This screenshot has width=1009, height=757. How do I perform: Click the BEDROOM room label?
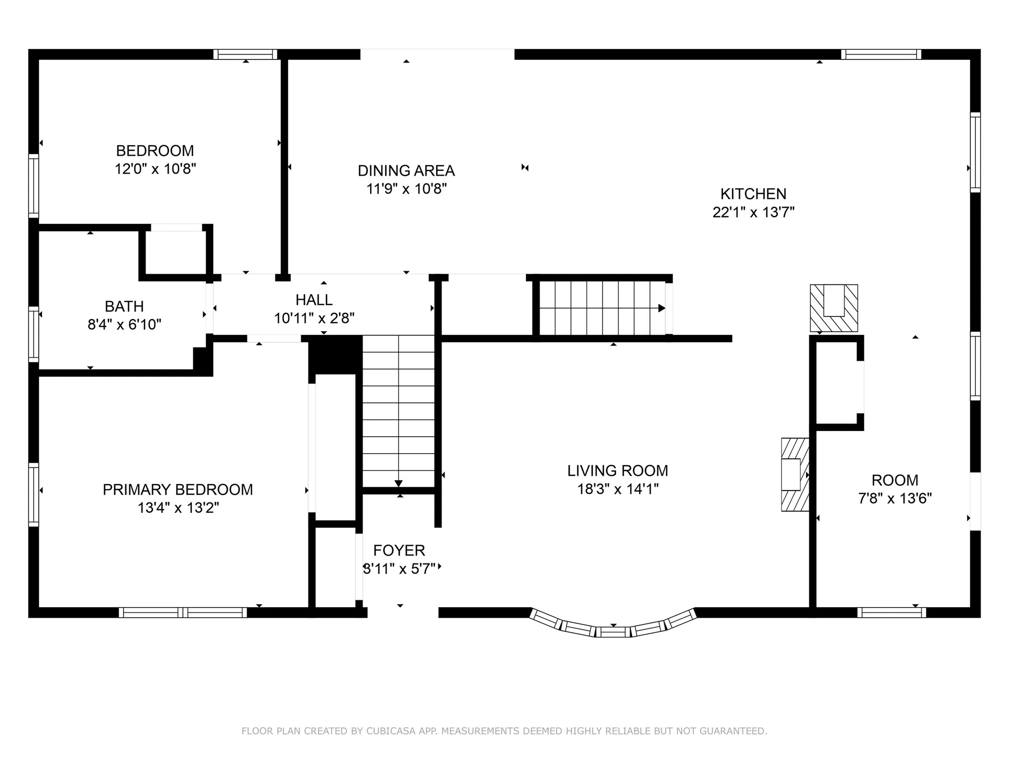[155, 151]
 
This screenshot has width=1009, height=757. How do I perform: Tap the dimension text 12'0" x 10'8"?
[156, 169]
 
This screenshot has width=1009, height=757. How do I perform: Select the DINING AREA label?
[406, 171]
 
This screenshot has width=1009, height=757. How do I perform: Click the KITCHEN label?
[753, 194]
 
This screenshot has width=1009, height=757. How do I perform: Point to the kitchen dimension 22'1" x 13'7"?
[753, 212]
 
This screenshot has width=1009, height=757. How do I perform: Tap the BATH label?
[124, 306]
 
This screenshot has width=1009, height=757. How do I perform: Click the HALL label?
[314, 300]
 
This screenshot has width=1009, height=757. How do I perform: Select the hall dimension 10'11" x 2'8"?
[314, 319]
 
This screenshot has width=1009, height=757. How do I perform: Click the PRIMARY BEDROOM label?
[178, 490]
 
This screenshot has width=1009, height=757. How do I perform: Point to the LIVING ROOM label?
[617, 471]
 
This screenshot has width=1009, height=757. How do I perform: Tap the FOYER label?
[399, 551]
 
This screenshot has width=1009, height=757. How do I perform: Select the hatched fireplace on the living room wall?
[795, 475]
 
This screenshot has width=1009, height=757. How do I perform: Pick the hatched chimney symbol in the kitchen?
[834, 309]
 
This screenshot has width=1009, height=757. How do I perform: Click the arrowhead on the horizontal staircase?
[662, 308]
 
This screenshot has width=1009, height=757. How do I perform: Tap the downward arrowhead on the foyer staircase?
[398, 483]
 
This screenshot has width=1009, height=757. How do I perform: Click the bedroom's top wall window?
[245, 54]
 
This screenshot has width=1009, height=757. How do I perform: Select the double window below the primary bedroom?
[182, 612]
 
